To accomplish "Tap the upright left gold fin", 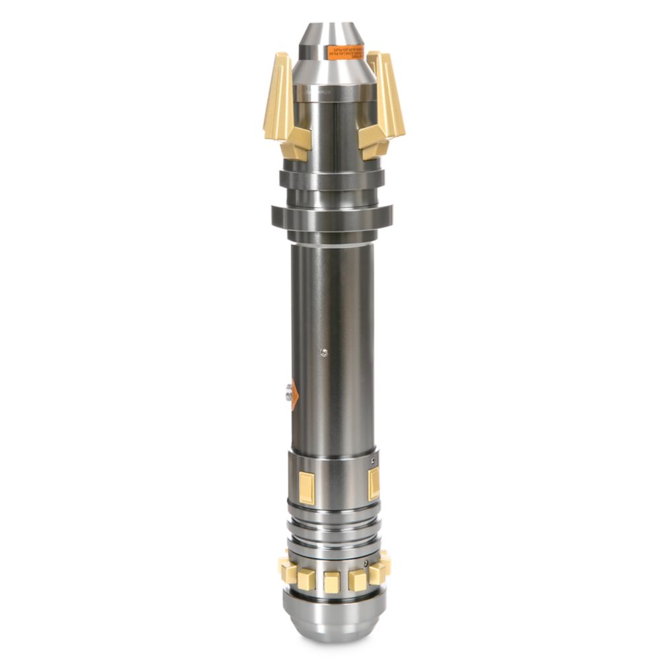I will [278, 96].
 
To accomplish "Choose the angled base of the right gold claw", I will [374, 141].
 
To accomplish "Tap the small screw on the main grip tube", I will [323, 352].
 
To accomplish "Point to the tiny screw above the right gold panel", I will [373, 461].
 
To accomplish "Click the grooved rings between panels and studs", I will [333, 525].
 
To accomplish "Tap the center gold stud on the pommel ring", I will [332, 581].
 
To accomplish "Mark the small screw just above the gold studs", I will [365, 564].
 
